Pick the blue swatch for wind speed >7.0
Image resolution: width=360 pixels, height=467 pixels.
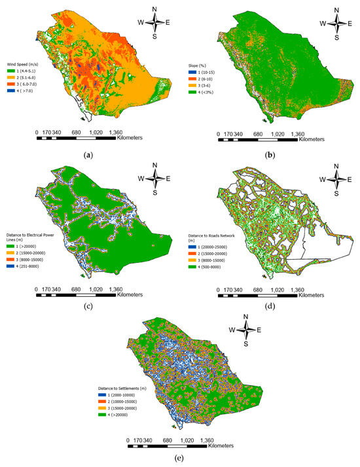click(x=18, y=92)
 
